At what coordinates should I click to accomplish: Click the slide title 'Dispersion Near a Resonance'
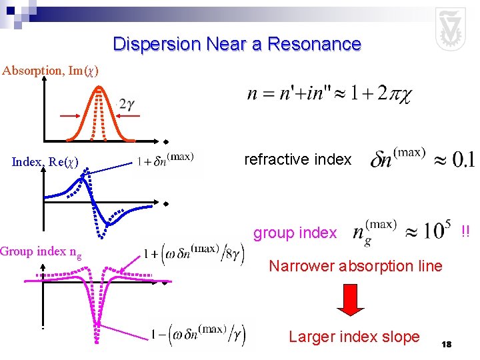tap(237, 45)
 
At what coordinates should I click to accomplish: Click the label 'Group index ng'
tap(42, 252)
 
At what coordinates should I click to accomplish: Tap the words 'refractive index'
tap(297, 159)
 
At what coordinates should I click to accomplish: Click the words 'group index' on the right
tap(295, 233)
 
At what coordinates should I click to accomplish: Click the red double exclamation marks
tap(465, 231)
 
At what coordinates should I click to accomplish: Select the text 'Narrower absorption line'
tap(355, 267)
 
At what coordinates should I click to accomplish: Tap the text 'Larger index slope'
tap(354, 337)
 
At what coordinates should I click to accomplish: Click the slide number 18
tap(447, 344)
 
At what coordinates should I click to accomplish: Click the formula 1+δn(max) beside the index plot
tap(165, 160)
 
